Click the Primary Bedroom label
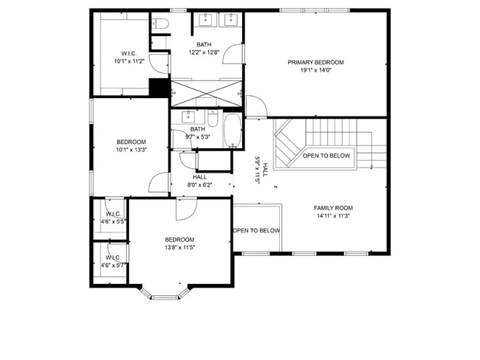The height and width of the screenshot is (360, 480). (315, 63)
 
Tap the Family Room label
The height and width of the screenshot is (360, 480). (333, 208)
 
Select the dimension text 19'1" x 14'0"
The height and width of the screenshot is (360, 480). (315, 71)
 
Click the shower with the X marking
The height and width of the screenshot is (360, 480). (205, 93)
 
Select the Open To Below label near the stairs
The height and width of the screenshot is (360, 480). (326, 156)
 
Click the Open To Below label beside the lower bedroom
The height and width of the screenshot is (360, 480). (256, 231)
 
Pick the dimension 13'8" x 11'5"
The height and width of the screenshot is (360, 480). (179, 247)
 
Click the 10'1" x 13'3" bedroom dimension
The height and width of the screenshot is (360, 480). (131, 150)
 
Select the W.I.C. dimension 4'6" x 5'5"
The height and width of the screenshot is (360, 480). (113, 221)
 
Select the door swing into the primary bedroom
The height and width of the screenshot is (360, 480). (256, 108)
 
